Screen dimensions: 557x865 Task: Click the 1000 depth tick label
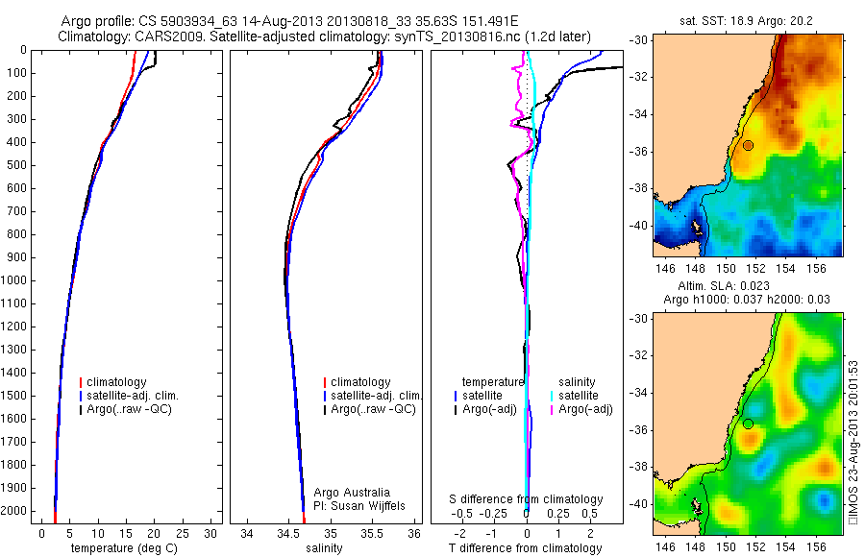click(16, 280)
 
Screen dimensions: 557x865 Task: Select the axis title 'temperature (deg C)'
click(124, 549)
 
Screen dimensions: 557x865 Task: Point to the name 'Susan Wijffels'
click(359, 505)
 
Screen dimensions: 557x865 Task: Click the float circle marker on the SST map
click(748, 145)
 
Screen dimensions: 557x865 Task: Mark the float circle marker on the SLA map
click(748, 424)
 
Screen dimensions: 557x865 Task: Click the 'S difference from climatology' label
click(527, 499)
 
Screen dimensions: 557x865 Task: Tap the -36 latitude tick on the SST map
click(639, 152)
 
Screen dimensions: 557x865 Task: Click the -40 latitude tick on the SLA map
click(639, 503)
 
